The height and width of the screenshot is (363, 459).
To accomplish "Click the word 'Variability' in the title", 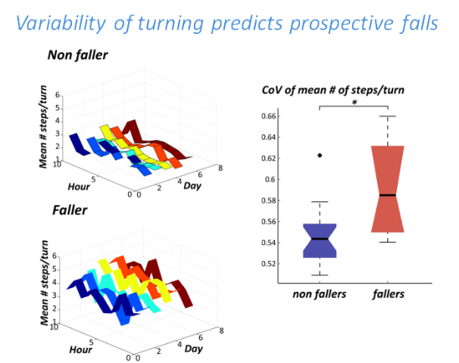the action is click(x=61, y=23).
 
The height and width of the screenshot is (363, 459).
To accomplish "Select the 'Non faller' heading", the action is click(x=77, y=55).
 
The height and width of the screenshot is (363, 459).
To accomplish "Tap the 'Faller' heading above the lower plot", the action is click(x=70, y=210).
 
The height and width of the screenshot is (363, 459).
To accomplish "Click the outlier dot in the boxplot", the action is click(x=320, y=156).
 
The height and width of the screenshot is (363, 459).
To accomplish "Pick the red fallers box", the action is click(x=388, y=189).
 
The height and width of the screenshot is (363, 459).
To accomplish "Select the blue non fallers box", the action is click(x=320, y=240).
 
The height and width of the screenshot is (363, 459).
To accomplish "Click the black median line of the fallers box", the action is click(x=388, y=195).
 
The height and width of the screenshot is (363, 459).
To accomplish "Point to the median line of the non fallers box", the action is click(x=320, y=239).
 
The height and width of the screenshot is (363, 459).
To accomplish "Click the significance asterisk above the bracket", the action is click(x=354, y=102).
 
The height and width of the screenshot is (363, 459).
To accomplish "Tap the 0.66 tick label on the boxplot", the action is click(x=268, y=116).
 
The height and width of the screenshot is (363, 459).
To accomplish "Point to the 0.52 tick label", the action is click(x=268, y=264).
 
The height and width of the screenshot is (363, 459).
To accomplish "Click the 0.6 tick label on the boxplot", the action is click(x=270, y=179).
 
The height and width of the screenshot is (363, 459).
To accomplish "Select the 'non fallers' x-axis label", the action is click(x=320, y=294).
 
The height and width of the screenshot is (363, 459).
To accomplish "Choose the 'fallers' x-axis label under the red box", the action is click(x=389, y=294).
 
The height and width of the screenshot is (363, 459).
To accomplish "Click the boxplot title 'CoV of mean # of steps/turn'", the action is click(x=333, y=90).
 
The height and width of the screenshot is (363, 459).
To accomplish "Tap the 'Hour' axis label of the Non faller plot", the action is click(x=79, y=187).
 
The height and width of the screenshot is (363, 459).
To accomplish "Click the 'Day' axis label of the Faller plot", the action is click(x=193, y=349).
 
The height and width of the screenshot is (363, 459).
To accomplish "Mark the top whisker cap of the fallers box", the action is click(x=388, y=116).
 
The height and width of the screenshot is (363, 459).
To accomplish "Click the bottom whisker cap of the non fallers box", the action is click(x=320, y=275).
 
